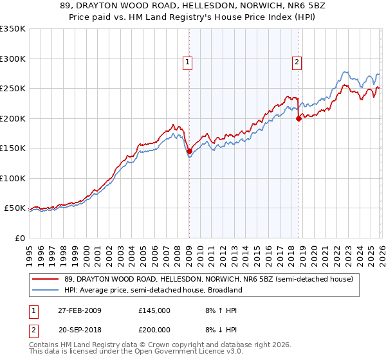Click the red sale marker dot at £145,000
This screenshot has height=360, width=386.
tap(189, 152)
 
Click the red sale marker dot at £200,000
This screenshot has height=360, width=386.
tap(299, 118)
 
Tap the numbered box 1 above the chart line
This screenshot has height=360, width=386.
tap(187, 62)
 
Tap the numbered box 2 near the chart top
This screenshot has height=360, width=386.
tap(297, 62)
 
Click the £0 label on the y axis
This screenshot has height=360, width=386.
tap(19, 238)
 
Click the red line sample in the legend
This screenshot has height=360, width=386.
tap(46, 280)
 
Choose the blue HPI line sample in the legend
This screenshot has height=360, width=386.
tap(46, 291)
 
